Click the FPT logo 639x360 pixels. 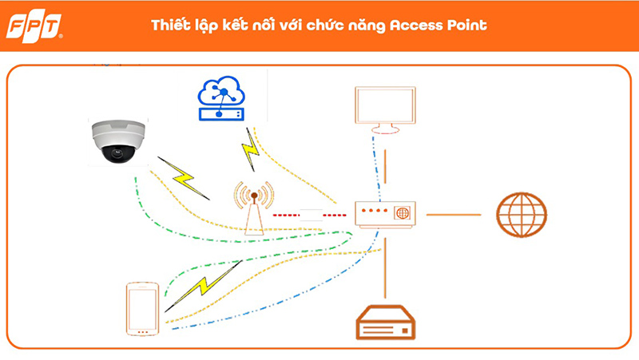click(34, 27)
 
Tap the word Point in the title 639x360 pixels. click(467, 26)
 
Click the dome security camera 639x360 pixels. click(118, 141)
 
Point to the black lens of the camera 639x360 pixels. click(118, 153)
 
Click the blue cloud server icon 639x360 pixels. click(221, 98)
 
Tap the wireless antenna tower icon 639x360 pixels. click(254, 208)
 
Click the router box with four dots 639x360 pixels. click(385, 214)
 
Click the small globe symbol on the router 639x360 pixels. click(403, 213)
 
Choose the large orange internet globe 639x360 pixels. click(522, 215)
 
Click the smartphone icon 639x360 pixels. click(142, 309)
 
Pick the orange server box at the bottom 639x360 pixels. click(386, 322)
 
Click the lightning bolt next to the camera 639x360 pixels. click(185, 178)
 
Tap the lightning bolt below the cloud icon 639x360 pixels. click(251, 149)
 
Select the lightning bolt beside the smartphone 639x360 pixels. click(203, 286)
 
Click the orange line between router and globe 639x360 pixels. click(454, 215)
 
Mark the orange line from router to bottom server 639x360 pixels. click(385, 268)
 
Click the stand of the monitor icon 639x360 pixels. click(385, 129)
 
